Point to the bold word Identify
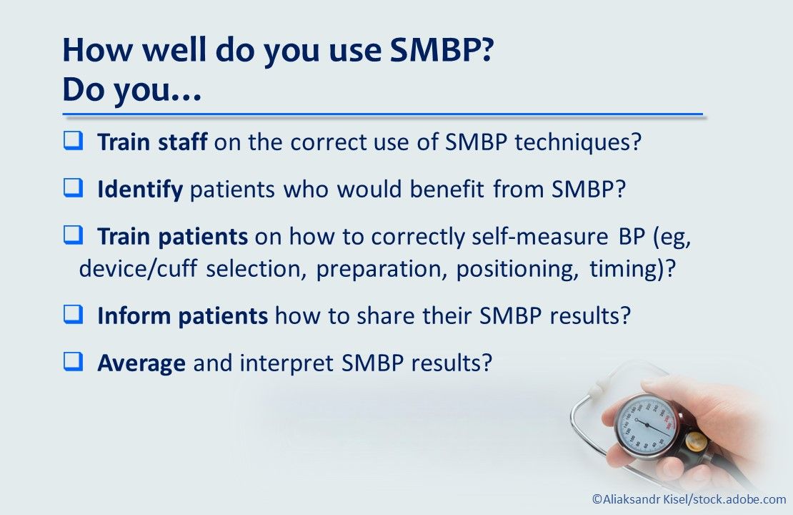click(140, 190)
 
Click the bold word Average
click(141, 363)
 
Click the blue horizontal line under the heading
click(382, 114)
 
